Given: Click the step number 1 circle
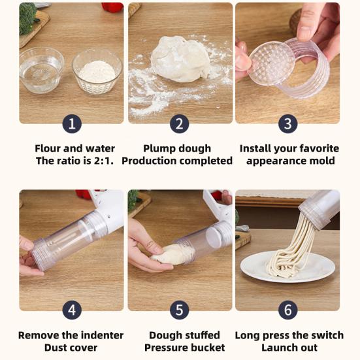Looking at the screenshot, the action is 72,124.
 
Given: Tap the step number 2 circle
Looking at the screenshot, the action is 179,124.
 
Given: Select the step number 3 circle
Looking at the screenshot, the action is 288,124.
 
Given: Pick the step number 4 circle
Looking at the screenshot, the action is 72,310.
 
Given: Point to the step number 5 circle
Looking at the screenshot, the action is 179,310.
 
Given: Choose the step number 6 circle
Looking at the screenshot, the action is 288,310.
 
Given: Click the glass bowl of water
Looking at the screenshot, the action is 41,70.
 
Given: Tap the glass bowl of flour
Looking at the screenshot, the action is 97,72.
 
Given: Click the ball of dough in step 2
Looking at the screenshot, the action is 180,59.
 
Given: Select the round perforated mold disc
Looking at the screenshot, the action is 272,63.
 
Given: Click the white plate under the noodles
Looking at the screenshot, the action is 287,267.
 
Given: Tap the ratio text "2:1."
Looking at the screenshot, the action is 104,161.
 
